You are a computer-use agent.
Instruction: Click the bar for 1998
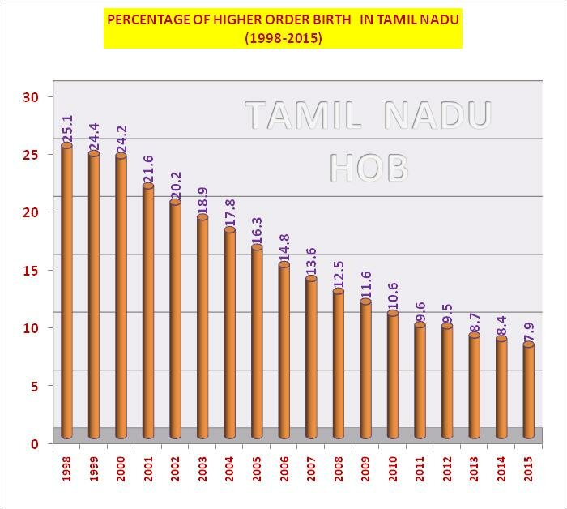click(66, 292)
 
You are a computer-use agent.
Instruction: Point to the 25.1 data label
click(68, 128)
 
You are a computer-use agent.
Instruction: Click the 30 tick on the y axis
click(31, 97)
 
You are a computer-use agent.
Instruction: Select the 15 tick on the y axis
click(31, 271)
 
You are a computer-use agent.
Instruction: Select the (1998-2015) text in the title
click(283, 37)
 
